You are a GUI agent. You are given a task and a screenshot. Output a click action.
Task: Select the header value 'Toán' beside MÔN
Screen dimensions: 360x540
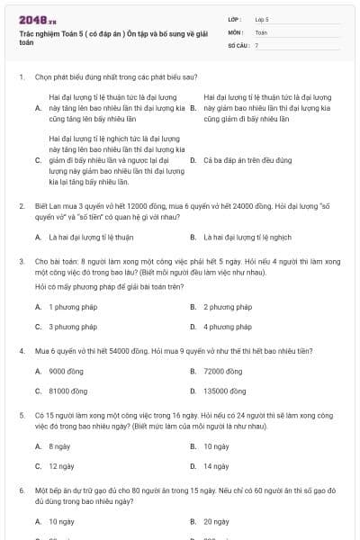[261, 31]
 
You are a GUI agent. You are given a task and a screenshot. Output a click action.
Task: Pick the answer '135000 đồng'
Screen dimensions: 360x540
[225, 391]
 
